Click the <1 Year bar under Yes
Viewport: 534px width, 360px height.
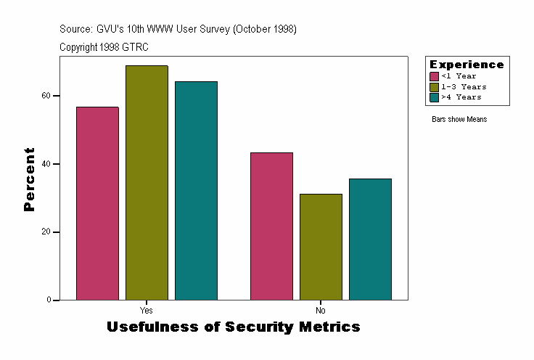(97, 203)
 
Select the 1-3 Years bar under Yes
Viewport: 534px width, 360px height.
(147, 183)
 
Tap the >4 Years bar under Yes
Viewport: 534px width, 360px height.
(196, 191)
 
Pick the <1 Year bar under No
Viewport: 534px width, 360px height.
(271, 226)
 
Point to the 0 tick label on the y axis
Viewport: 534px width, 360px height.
(48, 300)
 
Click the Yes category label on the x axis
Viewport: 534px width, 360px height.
(146, 311)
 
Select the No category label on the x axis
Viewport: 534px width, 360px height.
(321, 311)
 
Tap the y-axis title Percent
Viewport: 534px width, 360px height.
(29, 179)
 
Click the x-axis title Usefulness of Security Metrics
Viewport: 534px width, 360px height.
(234, 327)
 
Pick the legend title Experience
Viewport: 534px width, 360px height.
(467, 65)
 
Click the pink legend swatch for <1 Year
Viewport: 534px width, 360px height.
(434, 76)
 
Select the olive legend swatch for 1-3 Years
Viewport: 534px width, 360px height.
(434, 87)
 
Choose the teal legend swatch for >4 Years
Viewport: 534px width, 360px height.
(434, 97)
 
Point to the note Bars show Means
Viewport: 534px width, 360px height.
(459, 120)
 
